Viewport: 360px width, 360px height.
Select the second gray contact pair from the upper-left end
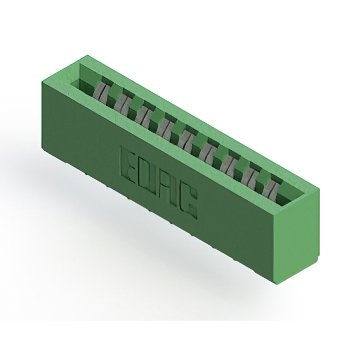click(121, 103)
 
